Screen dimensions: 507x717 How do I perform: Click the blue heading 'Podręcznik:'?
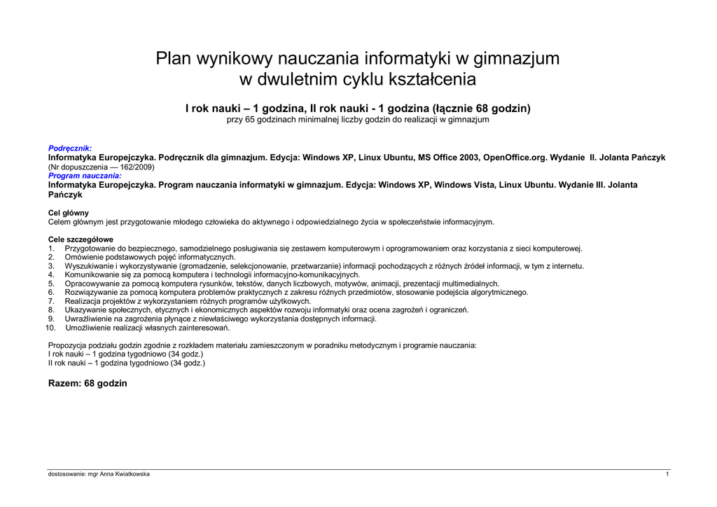tap(69, 148)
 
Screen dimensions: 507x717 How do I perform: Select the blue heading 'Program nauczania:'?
tap(84, 176)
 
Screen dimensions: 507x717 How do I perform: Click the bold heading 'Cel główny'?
tap(68, 213)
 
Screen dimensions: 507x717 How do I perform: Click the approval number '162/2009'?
tap(136, 167)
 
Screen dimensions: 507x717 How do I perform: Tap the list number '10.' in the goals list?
tap(50, 328)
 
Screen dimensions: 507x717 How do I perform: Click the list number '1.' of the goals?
tap(51, 249)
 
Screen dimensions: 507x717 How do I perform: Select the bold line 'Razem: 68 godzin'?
tap(88, 384)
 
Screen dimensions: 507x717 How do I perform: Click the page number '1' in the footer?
tap(667, 474)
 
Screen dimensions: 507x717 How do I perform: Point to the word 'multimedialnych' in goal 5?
tap(471, 284)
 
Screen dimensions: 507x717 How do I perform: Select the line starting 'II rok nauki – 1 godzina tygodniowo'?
tap(126, 363)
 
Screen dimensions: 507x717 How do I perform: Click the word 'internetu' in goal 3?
tap(568, 266)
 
